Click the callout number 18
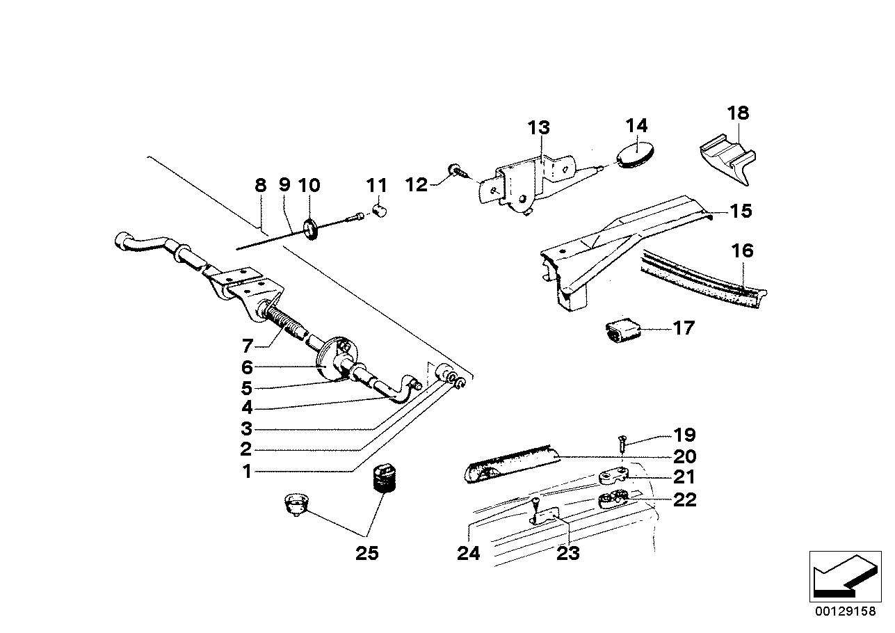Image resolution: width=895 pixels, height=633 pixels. (x=738, y=113)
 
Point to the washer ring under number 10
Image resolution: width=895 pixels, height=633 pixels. (x=311, y=229)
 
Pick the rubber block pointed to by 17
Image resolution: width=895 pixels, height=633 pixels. (x=622, y=330)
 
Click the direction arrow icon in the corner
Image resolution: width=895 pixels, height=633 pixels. (x=841, y=575)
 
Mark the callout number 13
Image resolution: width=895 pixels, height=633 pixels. (x=538, y=128)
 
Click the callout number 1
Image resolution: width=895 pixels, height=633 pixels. (x=245, y=472)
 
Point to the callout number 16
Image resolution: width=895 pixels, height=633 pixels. (x=743, y=250)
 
